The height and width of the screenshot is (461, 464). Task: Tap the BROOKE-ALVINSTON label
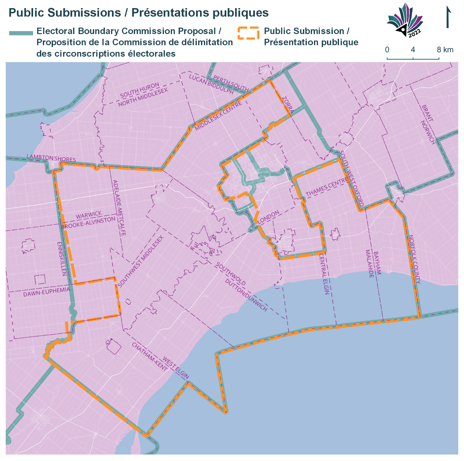tap(88, 223)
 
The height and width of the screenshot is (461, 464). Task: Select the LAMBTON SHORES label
tap(51, 158)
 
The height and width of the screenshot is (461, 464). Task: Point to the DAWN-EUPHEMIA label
tap(46, 292)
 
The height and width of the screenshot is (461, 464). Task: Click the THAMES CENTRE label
tap(327, 187)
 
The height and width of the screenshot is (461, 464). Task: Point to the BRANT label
tap(427, 113)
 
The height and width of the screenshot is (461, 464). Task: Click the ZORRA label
tap(288, 105)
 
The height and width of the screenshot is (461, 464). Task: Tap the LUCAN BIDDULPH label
tap(211, 84)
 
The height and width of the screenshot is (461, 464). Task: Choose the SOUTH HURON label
tap(140, 90)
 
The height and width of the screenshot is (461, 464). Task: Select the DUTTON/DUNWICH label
tap(246, 295)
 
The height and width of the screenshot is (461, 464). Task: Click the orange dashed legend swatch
tap(248, 33)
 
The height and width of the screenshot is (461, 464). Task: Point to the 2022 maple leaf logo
tap(405, 20)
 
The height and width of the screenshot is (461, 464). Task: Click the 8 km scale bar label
tap(445, 50)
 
